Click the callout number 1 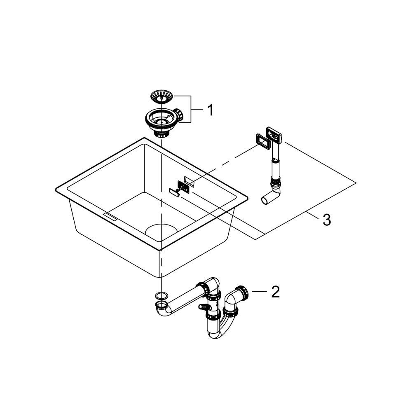[x=210, y=110]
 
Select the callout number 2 [x=275, y=292]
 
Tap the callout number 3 [x=326, y=220]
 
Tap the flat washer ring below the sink [x=161, y=295]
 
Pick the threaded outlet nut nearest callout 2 [x=243, y=292]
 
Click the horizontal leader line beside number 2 [x=260, y=292]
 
